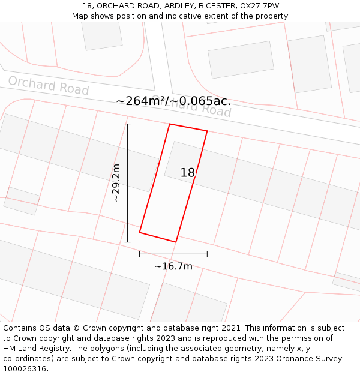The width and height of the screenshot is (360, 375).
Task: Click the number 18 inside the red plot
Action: tap(188, 173)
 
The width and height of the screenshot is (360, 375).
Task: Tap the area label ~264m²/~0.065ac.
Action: tap(173, 101)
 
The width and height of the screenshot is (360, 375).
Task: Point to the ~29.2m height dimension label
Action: tap(116, 182)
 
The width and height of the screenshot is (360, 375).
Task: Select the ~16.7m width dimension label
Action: tap(173, 266)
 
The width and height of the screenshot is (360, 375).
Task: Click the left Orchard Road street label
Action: tap(49, 86)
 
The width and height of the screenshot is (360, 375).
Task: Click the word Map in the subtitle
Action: tap(80, 16)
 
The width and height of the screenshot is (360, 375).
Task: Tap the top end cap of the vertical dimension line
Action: tap(127, 124)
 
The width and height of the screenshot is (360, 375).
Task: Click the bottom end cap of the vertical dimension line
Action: tap(127, 242)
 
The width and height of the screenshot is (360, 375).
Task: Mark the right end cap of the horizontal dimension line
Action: tap(207, 254)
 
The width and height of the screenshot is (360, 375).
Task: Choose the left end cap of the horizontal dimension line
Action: tap(140, 254)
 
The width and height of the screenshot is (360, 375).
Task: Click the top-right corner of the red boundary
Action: tap(207, 131)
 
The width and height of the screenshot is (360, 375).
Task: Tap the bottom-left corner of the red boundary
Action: tap(140, 232)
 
